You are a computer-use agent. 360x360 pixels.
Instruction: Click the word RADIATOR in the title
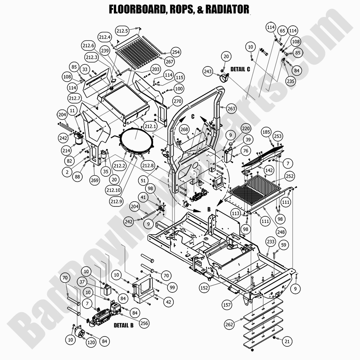[227, 9]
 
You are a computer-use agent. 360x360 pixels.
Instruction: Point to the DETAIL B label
[123, 325]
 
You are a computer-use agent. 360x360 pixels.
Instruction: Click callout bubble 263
[231, 109]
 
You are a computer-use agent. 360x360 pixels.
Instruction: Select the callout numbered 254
[176, 52]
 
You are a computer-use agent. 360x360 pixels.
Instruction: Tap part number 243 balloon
[208, 72]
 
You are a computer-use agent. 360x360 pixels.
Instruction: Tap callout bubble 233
[271, 242]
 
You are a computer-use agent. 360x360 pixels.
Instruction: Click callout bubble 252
[290, 177]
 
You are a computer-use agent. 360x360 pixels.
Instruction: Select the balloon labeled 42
[168, 302]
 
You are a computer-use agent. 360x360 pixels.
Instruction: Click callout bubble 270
[177, 102]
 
